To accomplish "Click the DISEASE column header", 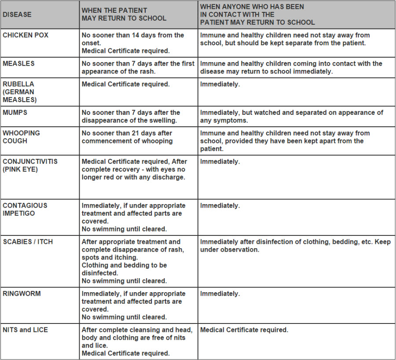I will pyautogui.click(x=17, y=15).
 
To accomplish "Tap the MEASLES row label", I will pyautogui.click(x=18, y=63).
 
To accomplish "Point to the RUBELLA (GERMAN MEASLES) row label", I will pyautogui.click(x=18, y=92).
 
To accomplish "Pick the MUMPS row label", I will pyautogui.click(x=15, y=112).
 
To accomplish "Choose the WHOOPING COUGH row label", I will pyautogui.click(x=21, y=137).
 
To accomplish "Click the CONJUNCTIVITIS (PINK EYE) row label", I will pyautogui.click(x=30, y=165).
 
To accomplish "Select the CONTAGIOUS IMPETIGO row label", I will pyautogui.click(x=25, y=209).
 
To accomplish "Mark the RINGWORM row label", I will pyautogui.click(x=22, y=294).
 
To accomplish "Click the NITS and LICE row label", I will pyautogui.click(x=25, y=330).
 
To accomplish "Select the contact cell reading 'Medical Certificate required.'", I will pyautogui.click(x=244, y=330).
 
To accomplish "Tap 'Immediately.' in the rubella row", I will pyautogui.click(x=220, y=84).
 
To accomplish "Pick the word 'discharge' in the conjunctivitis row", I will pyautogui.click(x=168, y=177).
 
